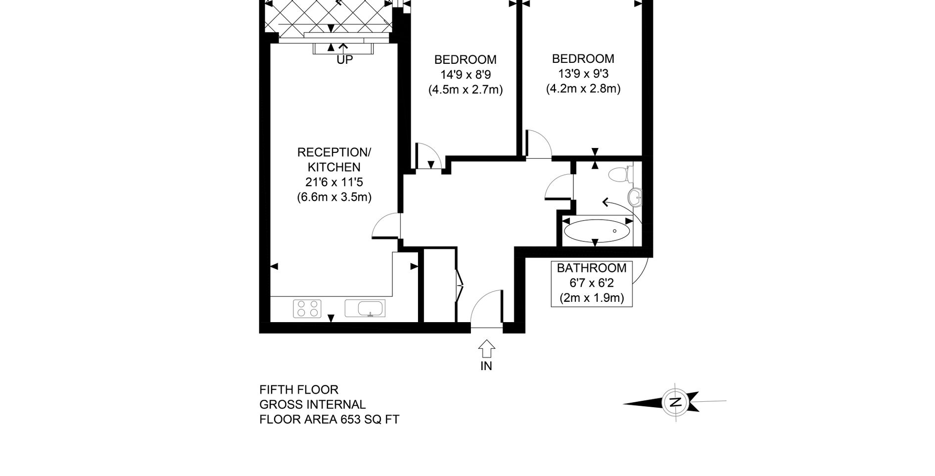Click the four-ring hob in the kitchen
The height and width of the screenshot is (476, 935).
pos(307,308)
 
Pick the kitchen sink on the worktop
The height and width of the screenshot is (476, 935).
pos(365,308)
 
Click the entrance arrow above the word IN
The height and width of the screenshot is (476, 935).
pos(487,348)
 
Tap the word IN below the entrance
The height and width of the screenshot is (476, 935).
pos(486,366)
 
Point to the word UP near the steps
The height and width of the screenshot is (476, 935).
pos(345,60)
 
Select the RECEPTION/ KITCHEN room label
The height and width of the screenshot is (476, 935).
pos(334,159)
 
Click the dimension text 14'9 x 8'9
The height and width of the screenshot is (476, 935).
pos(465,75)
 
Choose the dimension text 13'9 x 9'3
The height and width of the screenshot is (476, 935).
pos(583,74)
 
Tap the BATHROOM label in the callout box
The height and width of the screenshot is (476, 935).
pos(592,268)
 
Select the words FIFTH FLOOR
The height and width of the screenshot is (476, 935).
pos(299,390)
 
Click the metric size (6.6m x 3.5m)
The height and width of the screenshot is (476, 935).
pos(334,197)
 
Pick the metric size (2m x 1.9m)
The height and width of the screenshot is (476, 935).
pos(592,298)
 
